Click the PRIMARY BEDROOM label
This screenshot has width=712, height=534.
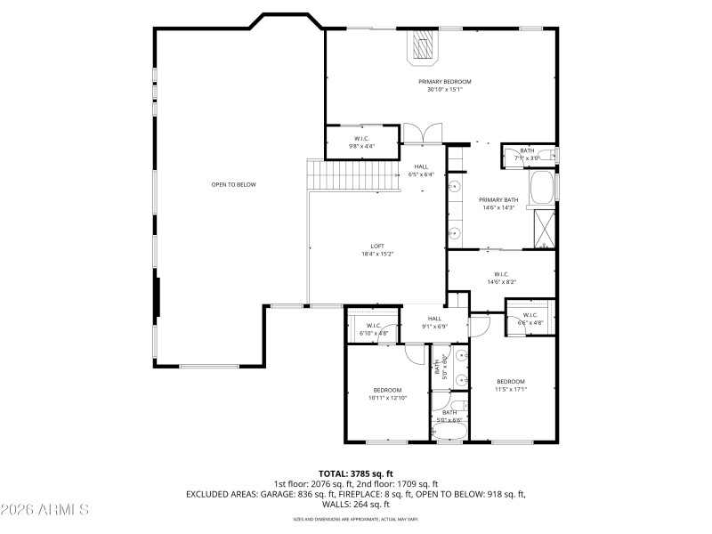click(x=445, y=81)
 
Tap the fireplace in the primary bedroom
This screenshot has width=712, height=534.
click(x=424, y=47)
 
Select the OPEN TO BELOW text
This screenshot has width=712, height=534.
click(x=233, y=184)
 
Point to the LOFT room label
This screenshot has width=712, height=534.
click(x=377, y=246)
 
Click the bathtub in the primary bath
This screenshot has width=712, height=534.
click(x=543, y=187)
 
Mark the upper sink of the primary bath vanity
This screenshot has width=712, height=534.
click(x=454, y=188)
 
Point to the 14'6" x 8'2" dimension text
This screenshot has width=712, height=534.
click(x=501, y=282)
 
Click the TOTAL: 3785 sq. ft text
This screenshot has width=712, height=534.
click(x=356, y=473)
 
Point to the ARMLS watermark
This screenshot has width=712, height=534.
click(x=44, y=510)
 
